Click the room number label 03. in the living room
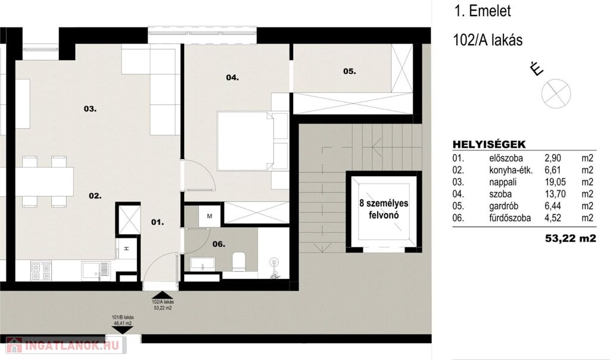[x=90, y=109]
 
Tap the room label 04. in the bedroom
[x=232, y=77]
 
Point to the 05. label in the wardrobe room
[x=349, y=71]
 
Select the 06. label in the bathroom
[x=219, y=244]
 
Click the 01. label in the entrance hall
[x=157, y=222]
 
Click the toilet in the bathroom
[x=238, y=261]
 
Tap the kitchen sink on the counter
[x=96, y=271]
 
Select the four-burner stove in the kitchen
[x=41, y=271]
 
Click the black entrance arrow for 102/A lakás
[x=163, y=295]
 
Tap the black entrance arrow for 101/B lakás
[x=122, y=330]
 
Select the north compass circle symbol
[x=556, y=94]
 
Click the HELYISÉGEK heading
[x=489, y=144]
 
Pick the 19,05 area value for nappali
[x=555, y=182]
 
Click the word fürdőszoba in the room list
[x=510, y=218]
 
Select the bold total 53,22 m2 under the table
[x=570, y=238]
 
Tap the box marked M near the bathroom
[x=209, y=216]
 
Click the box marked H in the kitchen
[x=126, y=249]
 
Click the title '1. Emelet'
[x=483, y=11]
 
